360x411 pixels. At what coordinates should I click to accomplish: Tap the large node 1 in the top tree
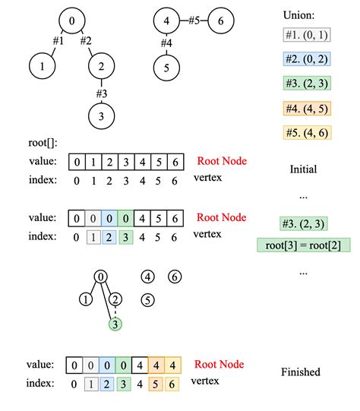(x=42, y=67)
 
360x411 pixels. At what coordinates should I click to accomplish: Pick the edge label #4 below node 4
(x=167, y=44)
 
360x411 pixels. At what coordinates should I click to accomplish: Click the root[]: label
(x=42, y=141)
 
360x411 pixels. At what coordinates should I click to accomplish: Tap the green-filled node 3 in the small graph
(x=115, y=324)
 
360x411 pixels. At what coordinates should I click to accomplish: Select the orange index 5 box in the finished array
(x=156, y=384)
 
